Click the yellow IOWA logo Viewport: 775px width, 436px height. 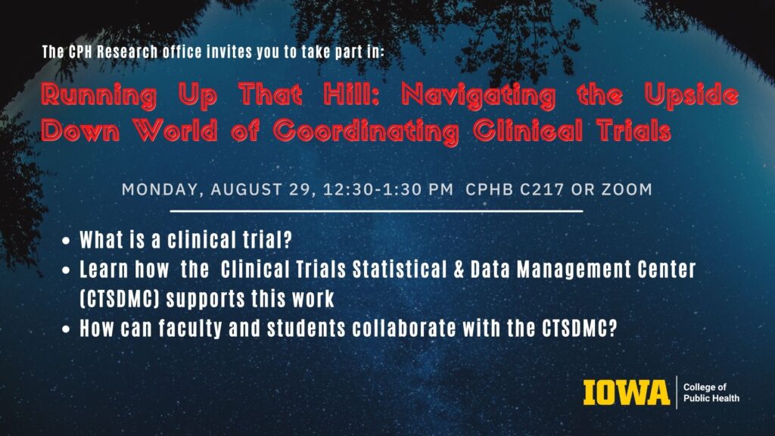pyautogui.click(x=626, y=393)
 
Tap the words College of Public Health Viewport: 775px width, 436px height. pyautogui.click(x=711, y=393)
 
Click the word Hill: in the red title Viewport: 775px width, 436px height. pyautogui.click(x=351, y=94)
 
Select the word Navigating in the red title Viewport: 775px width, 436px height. pyautogui.click(x=478, y=95)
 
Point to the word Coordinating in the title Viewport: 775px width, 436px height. pyautogui.click(x=366, y=132)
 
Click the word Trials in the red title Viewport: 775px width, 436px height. pyautogui.click(x=634, y=130)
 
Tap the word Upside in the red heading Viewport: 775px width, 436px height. pyautogui.click(x=692, y=95)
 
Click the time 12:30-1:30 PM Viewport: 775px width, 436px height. pyautogui.click(x=388, y=189)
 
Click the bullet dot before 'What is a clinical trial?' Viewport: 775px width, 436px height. pyautogui.click(x=67, y=241)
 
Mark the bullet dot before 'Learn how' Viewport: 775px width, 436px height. pyautogui.click(x=67, y=270)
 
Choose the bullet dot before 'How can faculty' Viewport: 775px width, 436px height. pyautogui.click(x=67, y=329)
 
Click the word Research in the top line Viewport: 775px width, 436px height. pyautogui.click(x=127, y=52)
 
